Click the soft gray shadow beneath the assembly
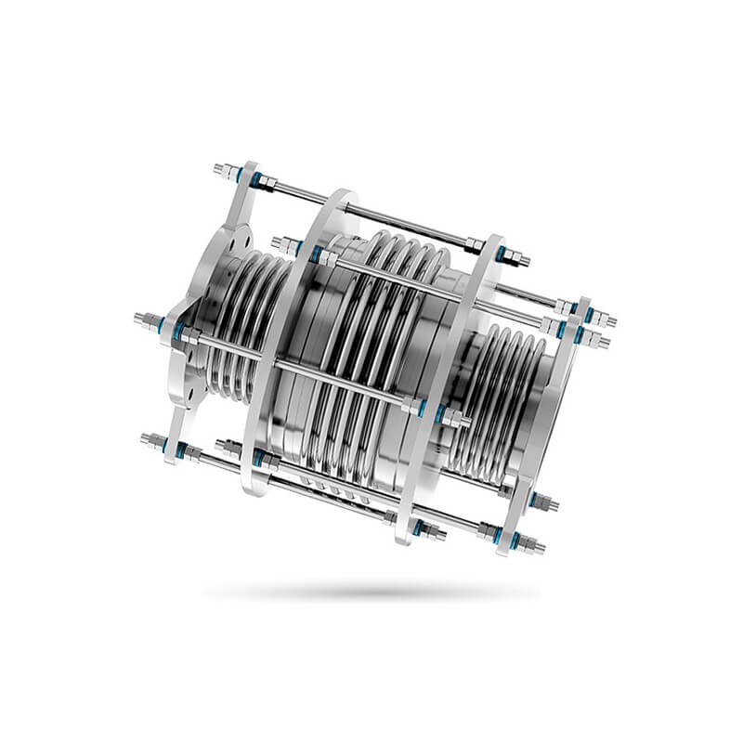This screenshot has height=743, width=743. point(371,591)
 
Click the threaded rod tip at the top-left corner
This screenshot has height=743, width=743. point(220,170)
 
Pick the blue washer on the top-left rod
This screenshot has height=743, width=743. point(241,175)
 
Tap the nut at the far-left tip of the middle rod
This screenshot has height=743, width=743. point(145,321)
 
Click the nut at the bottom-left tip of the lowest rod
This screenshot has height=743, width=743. point(150,439)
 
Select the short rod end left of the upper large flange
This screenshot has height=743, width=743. point(284,245)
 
